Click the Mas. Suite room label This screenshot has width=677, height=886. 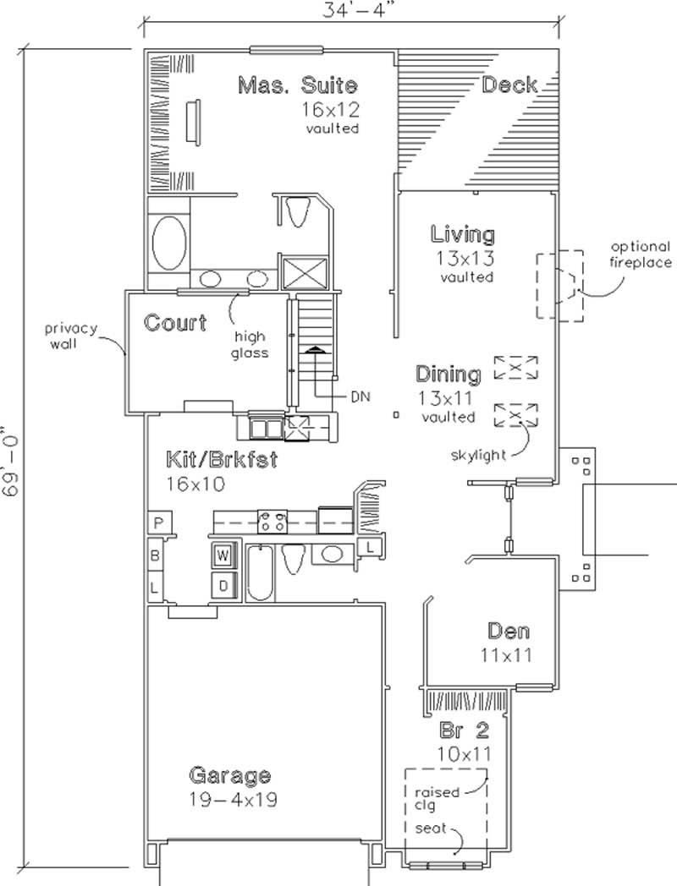pos(297,85)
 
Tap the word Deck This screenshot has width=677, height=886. pos(509,85)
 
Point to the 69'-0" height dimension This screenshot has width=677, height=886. pos(11,464)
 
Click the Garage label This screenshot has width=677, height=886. pos(229,775)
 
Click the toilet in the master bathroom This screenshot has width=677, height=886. pos(296,211)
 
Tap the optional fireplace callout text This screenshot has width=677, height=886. pos(641,254)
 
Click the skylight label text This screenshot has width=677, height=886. pos(478,455)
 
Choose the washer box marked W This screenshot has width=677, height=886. pos(223,555)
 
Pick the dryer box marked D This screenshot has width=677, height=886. pos(223,583)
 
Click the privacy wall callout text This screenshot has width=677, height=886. pos(73,336)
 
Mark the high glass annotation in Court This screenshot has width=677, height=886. pos(251,344)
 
